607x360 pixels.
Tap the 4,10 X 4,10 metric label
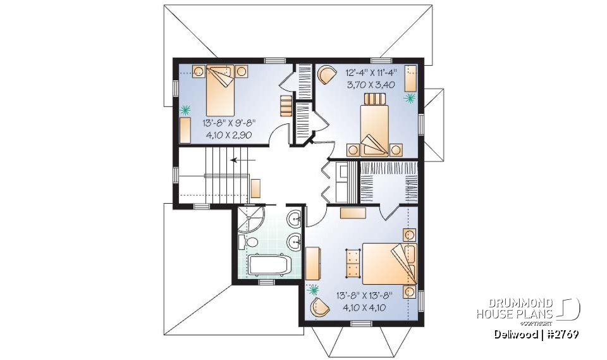[359, 307]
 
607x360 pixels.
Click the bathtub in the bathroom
[268, 264]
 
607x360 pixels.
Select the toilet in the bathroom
[247, 242]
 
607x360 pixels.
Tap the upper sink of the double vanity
[295, 221]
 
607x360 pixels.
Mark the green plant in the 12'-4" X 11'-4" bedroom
[410, 98]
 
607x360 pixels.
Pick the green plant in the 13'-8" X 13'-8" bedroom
[314, 290]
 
